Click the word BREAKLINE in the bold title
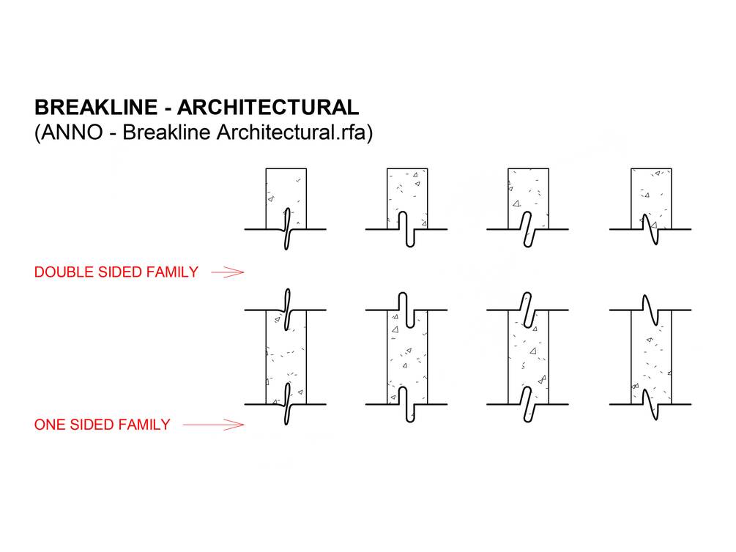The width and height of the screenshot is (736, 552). click(x=96, y=108)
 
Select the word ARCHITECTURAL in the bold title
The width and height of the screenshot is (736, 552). click(x=268, y=108)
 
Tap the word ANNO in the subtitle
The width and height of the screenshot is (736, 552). click(x=72, y=133)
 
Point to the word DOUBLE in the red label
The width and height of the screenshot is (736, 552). click(x=64, y=272)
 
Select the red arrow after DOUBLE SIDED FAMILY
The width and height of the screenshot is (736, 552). click(x=228, y=272)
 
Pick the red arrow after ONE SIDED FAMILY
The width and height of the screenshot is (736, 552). click(x=214, y=425)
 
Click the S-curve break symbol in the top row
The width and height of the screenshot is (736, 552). click(x=286, y=229)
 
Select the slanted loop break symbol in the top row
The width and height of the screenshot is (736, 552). click(x=527, y=229)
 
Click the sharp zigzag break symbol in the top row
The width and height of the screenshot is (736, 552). click(x=650, y=229)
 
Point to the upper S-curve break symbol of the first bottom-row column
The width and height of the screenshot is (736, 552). click(x=286, y=310)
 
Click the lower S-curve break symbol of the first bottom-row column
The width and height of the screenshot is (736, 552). click(x=286, y=404)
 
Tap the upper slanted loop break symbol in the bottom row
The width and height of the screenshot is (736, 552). click(x=527, y=310)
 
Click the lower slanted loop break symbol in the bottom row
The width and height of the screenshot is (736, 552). click(x=527, y=404)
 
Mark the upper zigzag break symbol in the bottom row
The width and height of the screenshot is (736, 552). click(x=650, y=310)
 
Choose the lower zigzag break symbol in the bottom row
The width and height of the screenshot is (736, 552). click(x=650, y=404)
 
